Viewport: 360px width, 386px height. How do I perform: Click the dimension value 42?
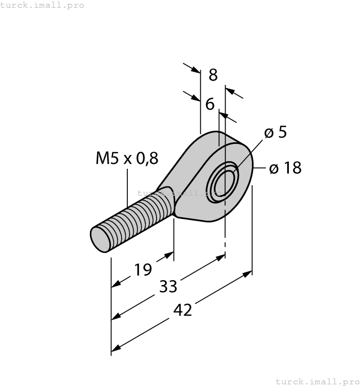(x=182, y=310)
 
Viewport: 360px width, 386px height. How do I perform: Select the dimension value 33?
(x=168, y=286)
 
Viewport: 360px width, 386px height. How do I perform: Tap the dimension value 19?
(x=142, y=270)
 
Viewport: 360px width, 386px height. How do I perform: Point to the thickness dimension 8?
(x=213, y=75)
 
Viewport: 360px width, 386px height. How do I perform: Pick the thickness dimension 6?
(x=209, y=104)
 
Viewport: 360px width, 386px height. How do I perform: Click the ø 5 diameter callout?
(x=275, y=132)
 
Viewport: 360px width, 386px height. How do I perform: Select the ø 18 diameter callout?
(x=285, y=168)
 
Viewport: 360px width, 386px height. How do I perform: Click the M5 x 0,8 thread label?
(x=127, y=158)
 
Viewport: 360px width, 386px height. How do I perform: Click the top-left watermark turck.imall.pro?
(x=42, y=5)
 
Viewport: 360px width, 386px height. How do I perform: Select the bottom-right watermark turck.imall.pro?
(x=316, y=381)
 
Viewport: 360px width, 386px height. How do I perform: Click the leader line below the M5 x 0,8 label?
(x=127, y=187)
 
